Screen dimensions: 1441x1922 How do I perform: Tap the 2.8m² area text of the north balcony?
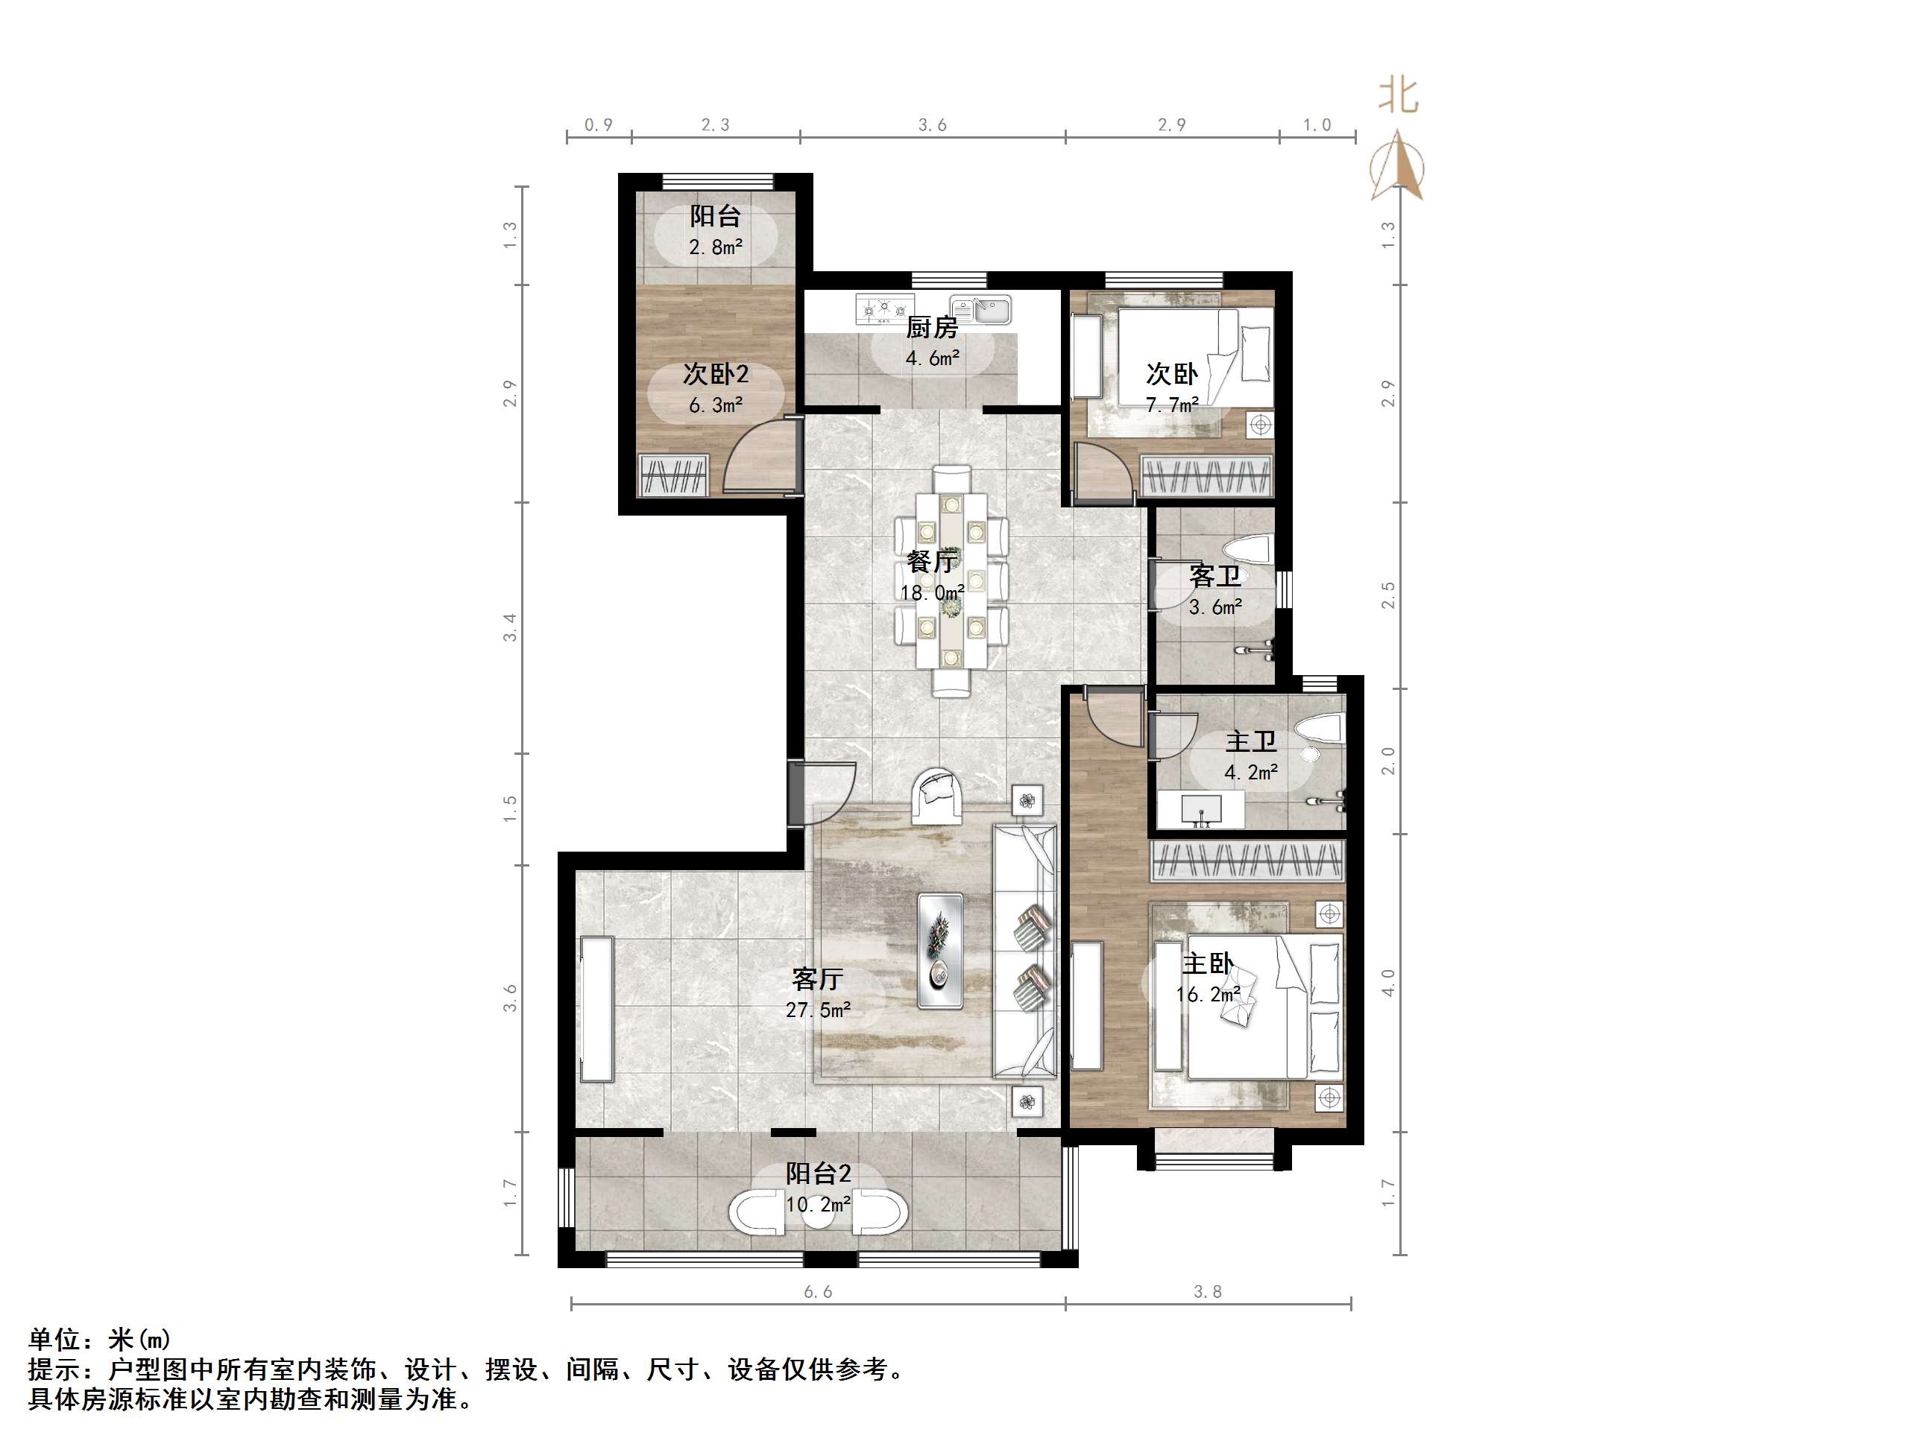(x=715, y=247)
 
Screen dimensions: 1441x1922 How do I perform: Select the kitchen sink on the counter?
(x=980, y=309)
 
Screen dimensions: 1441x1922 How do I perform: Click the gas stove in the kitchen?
(x=883, y=308)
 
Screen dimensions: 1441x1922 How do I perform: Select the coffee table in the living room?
(x=940, y=950)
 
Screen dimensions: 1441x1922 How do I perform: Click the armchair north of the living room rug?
(x=936, y=795)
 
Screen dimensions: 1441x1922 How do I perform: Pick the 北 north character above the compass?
(x=1398, y=95)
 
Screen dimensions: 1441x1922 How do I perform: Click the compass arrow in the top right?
(x=1396, y=165)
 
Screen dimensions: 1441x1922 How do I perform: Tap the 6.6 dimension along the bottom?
(x=817, y=1291)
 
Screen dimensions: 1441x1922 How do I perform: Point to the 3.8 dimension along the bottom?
(x=1207, y=1291)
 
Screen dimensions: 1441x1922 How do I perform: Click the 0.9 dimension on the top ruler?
(x=598, y=125)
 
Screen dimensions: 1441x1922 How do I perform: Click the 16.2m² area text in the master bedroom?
(x=1207, y=995)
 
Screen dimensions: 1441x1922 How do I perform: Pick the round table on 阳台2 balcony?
(x=818, y=1214)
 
